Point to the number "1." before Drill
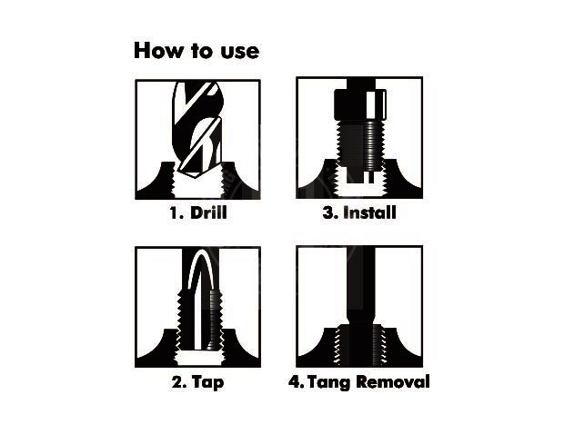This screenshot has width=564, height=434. coord(176,214)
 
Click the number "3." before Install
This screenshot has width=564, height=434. coord(328,214)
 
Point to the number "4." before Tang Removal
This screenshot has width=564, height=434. coord(297,382)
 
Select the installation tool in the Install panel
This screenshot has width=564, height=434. coord(358,136)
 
